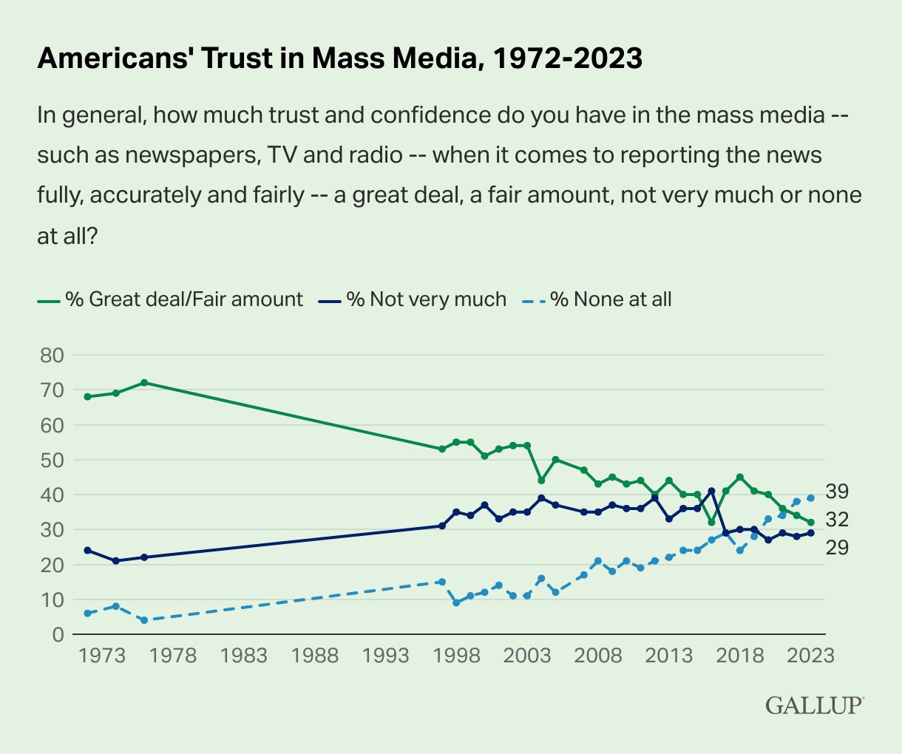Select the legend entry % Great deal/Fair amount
(171, 299)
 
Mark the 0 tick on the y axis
(58, 635)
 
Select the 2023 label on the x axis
(811, 656)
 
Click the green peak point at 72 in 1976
(144, 383)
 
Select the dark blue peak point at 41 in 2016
(711, 491)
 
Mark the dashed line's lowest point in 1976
(144, 620)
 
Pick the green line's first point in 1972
(87, 397)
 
